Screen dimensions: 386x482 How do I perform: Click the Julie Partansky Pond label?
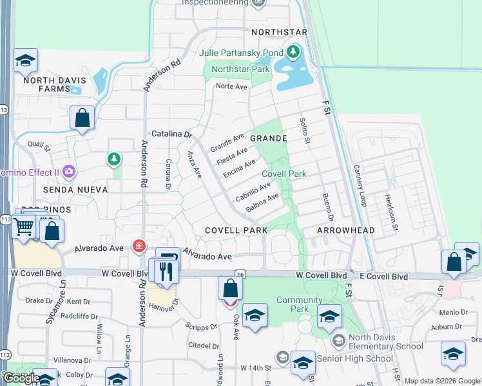[241, 53]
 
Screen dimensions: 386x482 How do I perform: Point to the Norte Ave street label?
[231, 86]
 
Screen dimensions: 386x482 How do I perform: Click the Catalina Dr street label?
[172, 134]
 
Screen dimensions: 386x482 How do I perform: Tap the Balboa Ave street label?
[262, 203]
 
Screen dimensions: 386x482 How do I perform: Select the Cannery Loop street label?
[360, 185]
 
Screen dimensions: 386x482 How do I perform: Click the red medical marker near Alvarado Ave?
[138, 246]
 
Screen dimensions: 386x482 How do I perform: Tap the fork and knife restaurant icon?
[167, 270]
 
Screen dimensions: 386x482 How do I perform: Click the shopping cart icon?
[24, 226]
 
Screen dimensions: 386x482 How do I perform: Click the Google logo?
[22, 378]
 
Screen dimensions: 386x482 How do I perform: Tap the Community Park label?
[299, 304]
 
